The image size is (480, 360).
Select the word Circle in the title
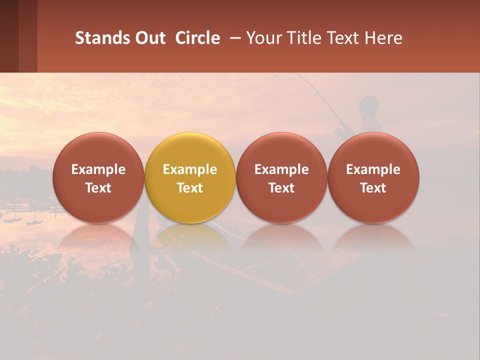coord(197,38)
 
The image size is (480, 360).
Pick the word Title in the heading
coord(306,38)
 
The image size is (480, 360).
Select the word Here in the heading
coord(384,38)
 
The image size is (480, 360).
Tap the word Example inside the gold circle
coord(190,169)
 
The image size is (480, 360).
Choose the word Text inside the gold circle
coord(190,188)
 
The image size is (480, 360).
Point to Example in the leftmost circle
coord(98,169)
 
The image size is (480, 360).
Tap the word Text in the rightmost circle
coord(373,188)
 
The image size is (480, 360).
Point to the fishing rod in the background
coord(320,97)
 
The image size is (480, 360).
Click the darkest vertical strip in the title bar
coord(9,36)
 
